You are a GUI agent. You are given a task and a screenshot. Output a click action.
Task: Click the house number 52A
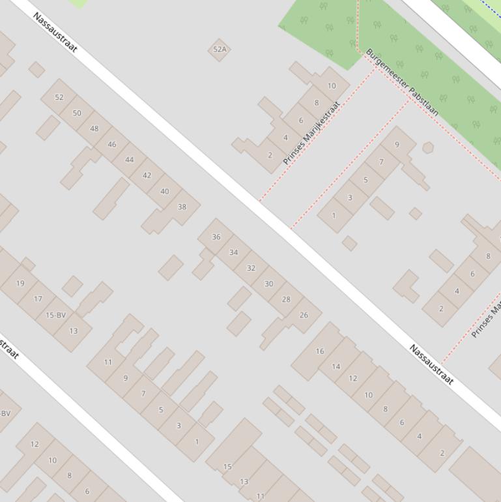[220, 50]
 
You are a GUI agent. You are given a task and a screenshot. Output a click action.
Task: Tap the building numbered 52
[59, 97]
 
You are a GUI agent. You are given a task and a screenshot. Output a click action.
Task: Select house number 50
[77, 113]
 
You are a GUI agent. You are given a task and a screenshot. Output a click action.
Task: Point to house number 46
[112, 144]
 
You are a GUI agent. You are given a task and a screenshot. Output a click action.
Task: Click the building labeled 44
[129, 160]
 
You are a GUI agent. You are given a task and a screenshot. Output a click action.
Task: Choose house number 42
[147, 175]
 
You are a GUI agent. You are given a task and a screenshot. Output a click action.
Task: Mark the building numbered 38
[182, 207]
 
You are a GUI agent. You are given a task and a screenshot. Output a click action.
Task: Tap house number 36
[216, 237]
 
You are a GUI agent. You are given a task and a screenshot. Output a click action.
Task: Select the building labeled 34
[233, 252]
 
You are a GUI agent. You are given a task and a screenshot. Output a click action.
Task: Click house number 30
[268, 284]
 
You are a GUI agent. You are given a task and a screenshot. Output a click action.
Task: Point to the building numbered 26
[304, 315]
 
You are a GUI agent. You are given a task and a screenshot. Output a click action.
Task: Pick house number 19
[20, 284]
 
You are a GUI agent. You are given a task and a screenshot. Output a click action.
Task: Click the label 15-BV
[55, 315]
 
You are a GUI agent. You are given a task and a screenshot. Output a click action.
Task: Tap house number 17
[38, 299]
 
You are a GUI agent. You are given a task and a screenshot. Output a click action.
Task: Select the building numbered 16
[319, 351]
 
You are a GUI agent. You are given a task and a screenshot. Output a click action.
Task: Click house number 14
[336, 366]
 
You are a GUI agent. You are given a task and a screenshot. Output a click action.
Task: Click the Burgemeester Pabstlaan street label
[401, 83]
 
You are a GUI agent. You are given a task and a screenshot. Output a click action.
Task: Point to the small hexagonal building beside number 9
[428, 148]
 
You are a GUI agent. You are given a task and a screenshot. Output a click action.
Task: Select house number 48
[94, 128]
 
